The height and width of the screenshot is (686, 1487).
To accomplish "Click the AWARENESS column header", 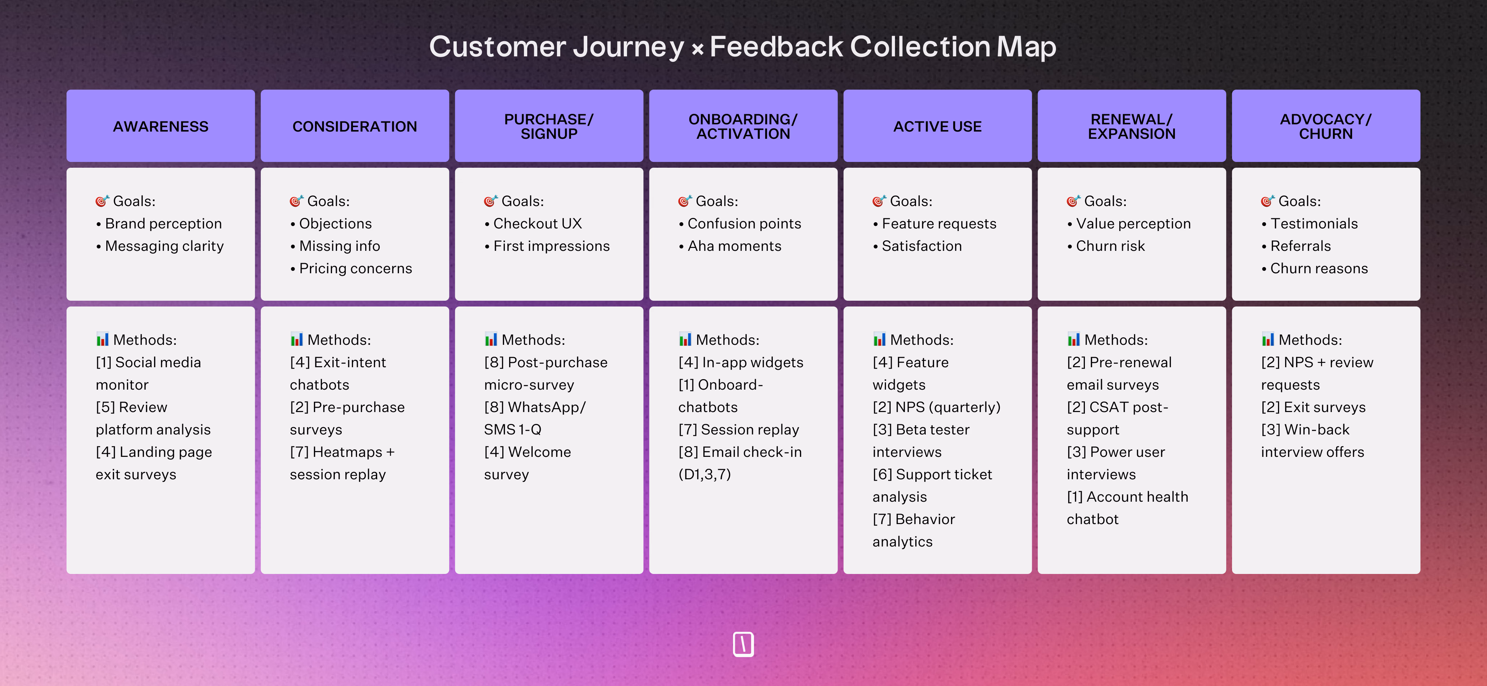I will point(161,127).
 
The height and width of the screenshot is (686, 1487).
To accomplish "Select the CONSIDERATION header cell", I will point(354,127).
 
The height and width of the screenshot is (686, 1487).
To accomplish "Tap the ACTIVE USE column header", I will point(937,127).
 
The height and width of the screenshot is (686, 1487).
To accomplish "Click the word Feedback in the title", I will point(776,47).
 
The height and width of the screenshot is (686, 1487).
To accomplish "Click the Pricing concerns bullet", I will point(355,268).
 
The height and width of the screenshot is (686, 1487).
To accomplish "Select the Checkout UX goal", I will point(537,223).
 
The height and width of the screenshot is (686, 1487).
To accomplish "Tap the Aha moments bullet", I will point(734,246).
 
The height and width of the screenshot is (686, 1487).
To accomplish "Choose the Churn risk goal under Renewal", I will point(1109,246).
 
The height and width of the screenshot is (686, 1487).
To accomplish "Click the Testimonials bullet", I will point(1313,223).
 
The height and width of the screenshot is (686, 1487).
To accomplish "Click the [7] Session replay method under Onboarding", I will point(738,429).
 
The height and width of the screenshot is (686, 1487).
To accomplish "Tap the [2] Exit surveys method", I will point(1313,407).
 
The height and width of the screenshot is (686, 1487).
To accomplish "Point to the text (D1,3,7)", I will point(704,474).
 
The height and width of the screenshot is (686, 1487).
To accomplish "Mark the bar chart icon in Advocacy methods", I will point(1267,339).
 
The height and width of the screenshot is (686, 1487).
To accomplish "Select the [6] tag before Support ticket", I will point(882,474).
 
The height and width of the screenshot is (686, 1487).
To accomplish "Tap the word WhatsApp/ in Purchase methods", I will point(546,407).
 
